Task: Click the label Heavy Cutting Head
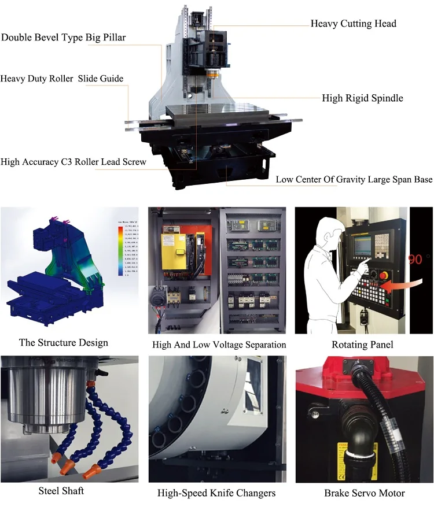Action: pyautogui.click(x=353, y=24)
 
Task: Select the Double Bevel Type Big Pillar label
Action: pyautogui.click(x=63, y=38)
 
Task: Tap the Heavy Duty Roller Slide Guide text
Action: pyautogui.click(x=62, y=79)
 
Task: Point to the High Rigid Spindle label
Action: pyautogui.click(x=362, y=98)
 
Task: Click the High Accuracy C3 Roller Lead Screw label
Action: pyautogui.click(x=73, y=162)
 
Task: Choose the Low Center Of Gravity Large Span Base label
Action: pyautogui.click(x=354, y=179)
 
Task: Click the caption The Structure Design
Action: pyautogui.click(x=64, y=342)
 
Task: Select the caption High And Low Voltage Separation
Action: pyautogui.click(x=219, y=345)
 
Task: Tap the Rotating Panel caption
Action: pyautogui.click(x=362, y=345)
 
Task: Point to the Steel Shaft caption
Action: pyautogui.click(x=61, y=491)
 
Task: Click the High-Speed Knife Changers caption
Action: pyautogui.click(x=216, y=493)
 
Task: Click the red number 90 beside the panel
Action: pyautogui.click(x=415, y=259)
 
